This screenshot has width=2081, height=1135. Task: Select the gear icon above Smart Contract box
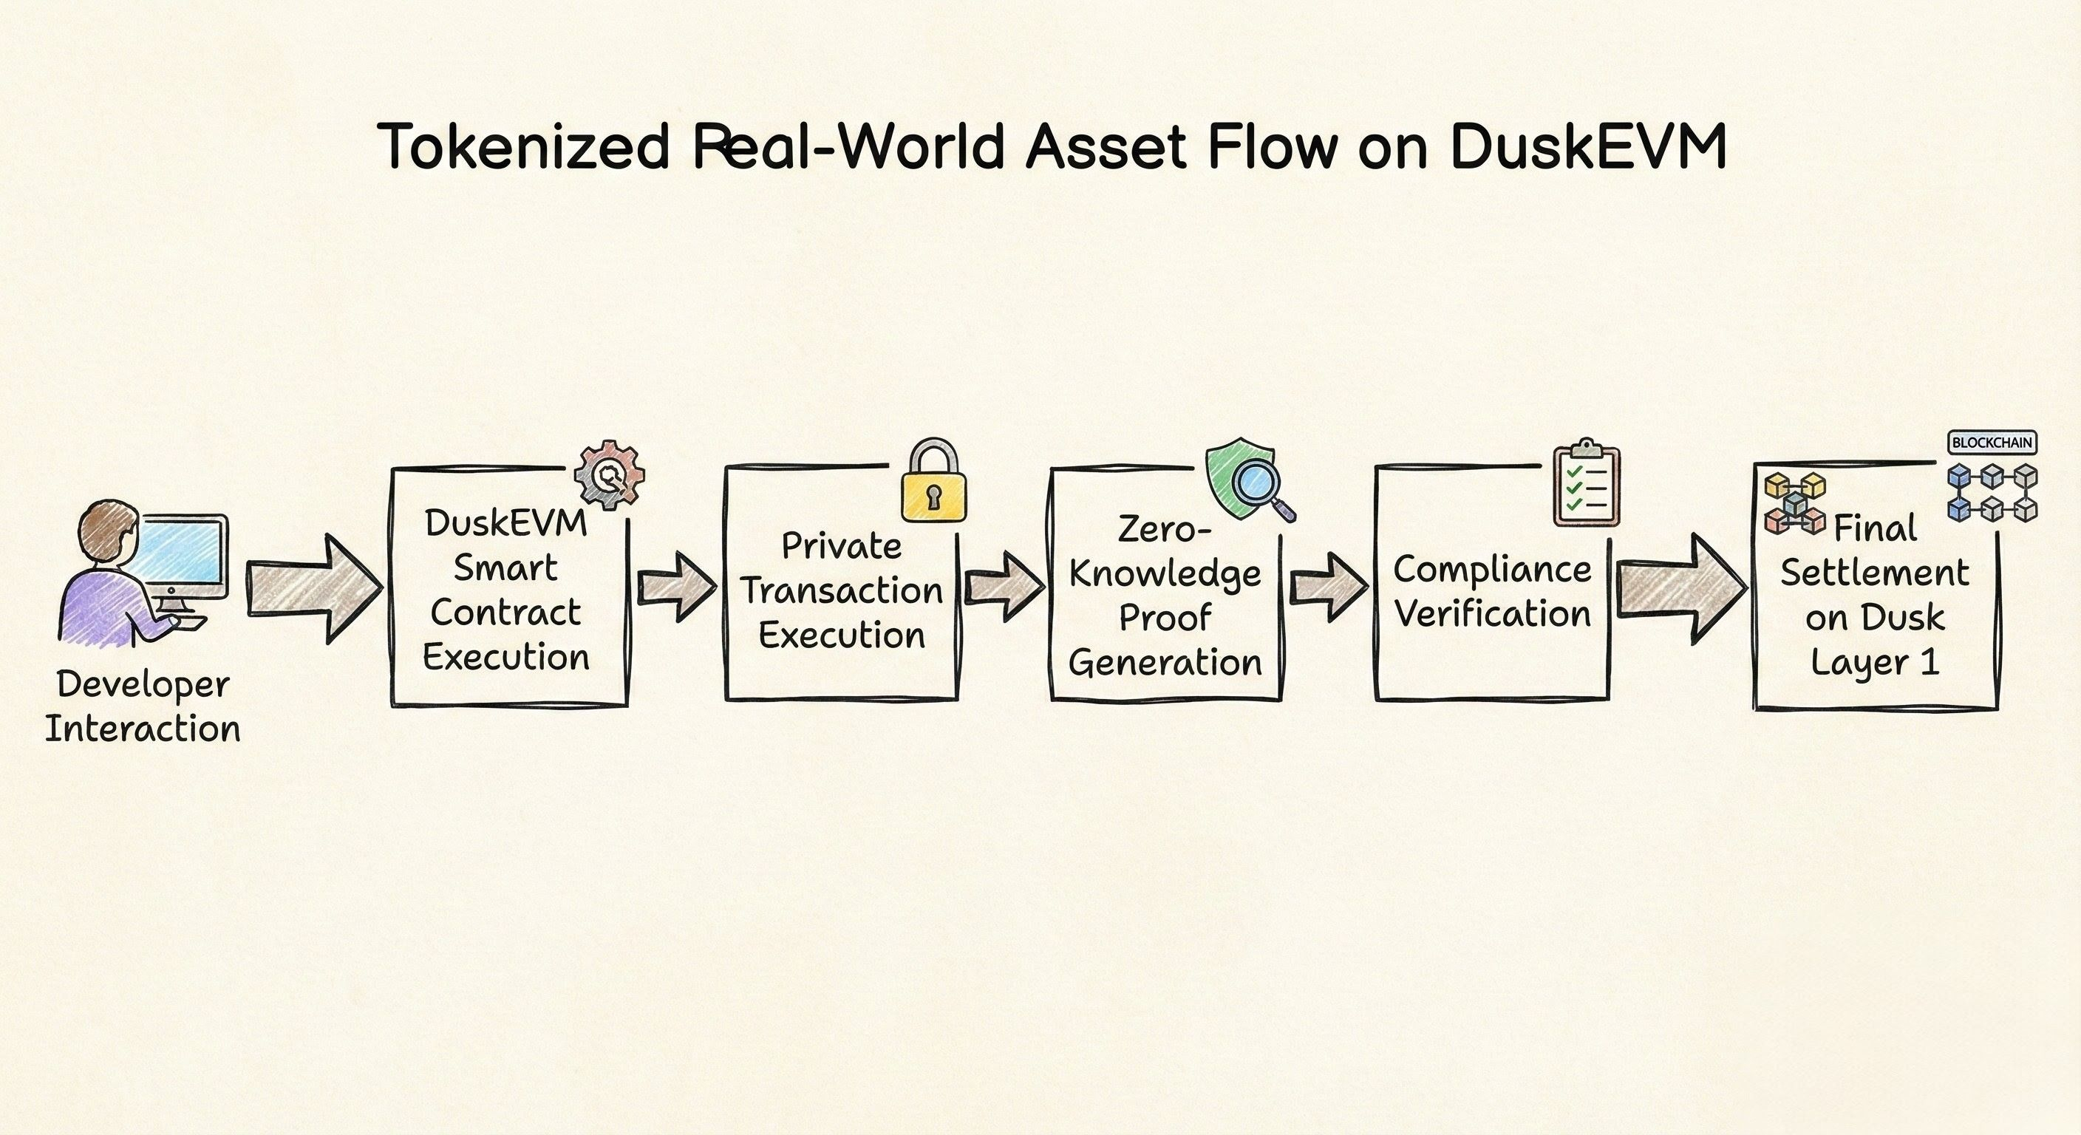(609, 475)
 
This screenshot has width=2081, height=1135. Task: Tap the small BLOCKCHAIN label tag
(1992, 443)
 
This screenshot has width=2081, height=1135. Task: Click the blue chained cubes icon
(1992, 492)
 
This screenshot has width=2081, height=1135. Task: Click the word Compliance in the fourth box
(1491, 570)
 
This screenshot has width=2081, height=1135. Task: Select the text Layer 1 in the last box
(1874, 662)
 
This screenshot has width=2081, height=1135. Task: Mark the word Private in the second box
(841, 546)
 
